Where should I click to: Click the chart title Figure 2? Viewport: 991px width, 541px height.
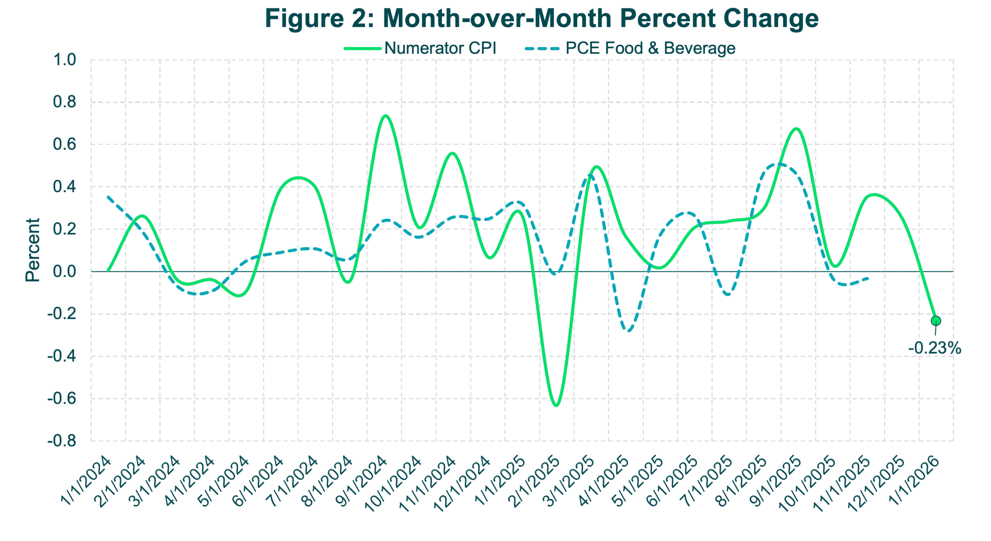point(542,19)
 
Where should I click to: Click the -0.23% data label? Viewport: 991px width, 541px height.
point(934,348)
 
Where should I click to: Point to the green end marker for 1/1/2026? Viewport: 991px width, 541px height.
point(936,321)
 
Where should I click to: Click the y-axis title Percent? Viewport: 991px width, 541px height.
point(33,250)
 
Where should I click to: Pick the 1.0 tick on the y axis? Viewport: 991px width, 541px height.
point(65,60)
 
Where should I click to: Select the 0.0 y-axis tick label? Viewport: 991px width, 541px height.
point(65,271)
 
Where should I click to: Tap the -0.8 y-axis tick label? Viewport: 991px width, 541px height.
point(62,441)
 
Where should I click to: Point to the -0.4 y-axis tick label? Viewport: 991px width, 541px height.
point(62,356)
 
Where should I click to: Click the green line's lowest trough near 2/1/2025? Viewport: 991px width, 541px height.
point(556,405)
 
